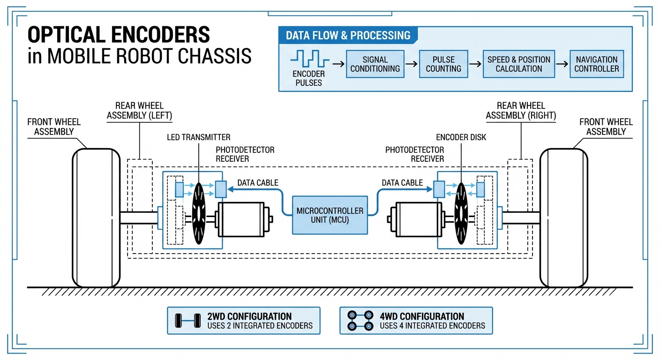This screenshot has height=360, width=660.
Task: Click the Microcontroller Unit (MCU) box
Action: coord(330,215)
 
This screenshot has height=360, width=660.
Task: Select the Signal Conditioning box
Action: coord(375,64)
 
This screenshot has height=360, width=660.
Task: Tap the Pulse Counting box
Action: coord(443,64)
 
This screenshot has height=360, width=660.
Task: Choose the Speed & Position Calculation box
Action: coord(518,64)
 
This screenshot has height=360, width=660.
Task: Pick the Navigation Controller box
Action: coord(596,64)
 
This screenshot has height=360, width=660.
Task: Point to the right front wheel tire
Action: coord(563,218)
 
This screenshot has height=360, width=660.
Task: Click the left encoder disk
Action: coord(199,213)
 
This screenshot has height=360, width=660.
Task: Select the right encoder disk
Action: coord(461,213)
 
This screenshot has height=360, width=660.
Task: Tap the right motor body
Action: coord(417,218)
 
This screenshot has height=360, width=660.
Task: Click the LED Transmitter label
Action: coord(199,137)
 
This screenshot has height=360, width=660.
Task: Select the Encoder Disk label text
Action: coord(461,137)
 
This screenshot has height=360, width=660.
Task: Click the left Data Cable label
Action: coord(258,183)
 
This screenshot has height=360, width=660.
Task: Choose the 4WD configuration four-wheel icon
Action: coord(360,321)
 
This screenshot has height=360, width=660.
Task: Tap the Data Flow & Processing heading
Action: coord(348,36)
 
